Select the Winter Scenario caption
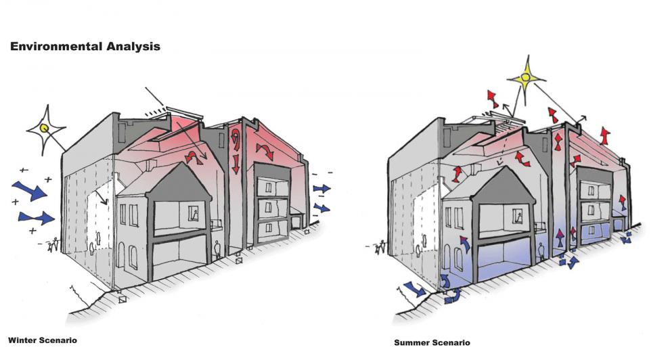[x=42, y=340]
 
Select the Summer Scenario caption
[x=432, y=342]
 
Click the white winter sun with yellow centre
[x=45, y=127]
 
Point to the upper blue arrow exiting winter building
[x=321, y=188]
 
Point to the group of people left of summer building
[x=378, y=247]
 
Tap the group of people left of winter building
[x=51, y=247]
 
